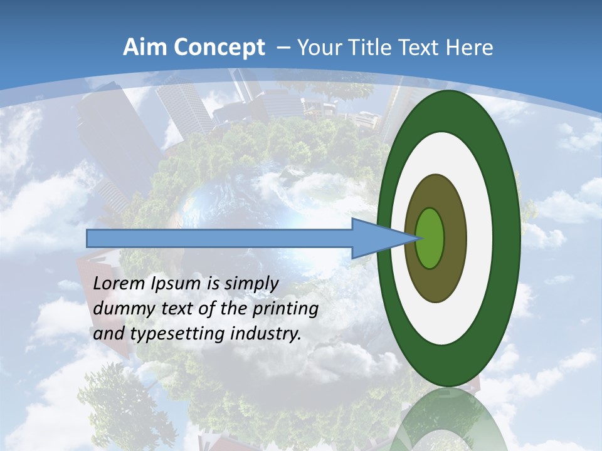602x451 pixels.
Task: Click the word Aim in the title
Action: click(x=142, y=48)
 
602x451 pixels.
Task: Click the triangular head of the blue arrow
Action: click(x=376, y=238)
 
